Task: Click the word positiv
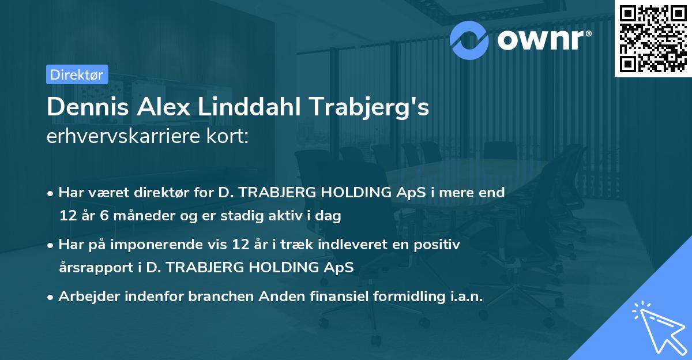point(439,245)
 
